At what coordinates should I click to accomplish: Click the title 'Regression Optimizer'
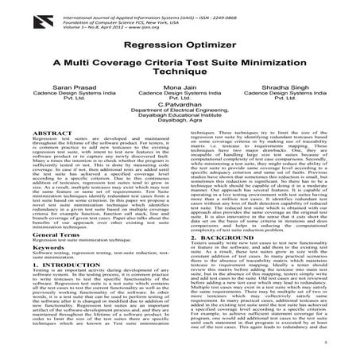[x=180, y=47]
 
